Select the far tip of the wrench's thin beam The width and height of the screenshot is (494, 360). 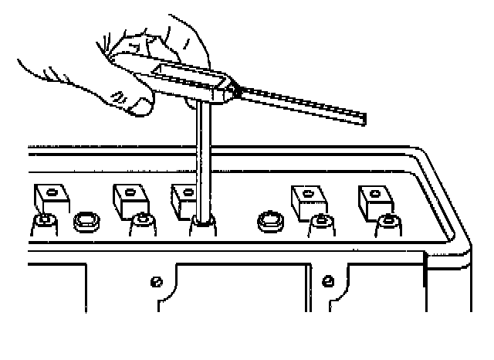363,120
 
